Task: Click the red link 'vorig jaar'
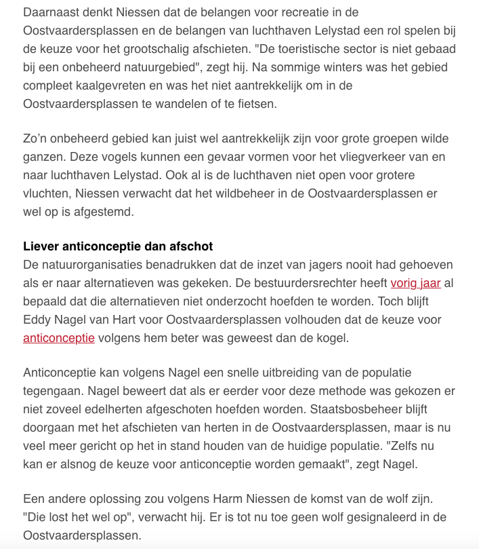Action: click(415, 282)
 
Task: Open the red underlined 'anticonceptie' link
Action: click(59, 337)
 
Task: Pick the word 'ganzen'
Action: click(42, 157)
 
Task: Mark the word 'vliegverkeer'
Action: click(348, 157)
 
